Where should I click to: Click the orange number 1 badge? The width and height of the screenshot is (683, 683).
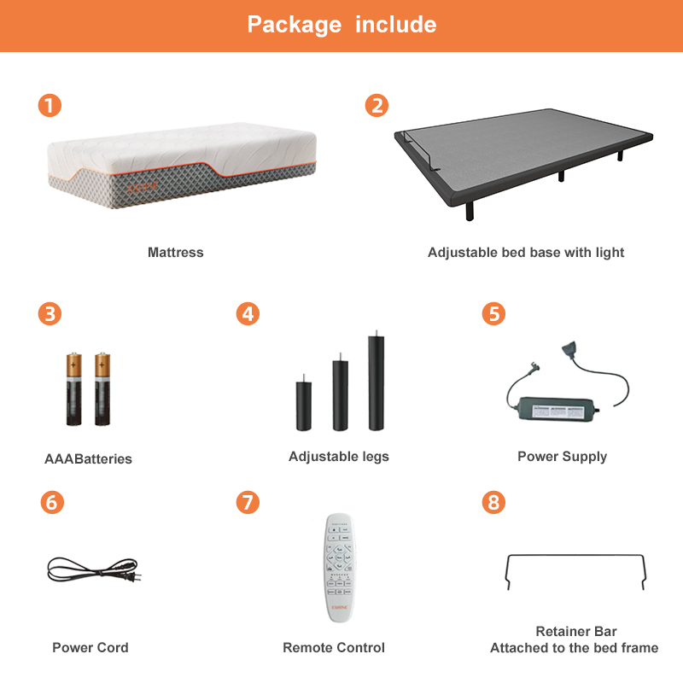(x=50, y=106)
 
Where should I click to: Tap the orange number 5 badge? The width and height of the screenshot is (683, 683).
(x=493, y=313)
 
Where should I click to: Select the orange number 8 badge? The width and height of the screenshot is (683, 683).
(x=493, y=502)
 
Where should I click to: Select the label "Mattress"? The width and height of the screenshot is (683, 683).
(x=175, y=253)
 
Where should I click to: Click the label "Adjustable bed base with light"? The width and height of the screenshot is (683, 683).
(x=526, y=253)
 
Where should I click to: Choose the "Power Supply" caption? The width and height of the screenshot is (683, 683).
(x=562, y=457)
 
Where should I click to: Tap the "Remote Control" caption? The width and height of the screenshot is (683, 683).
(x=334, y=648)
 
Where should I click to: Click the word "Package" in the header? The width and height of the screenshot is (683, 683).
(x=295, y=24)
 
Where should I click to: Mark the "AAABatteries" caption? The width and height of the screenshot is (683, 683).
(x=88, y=459)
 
